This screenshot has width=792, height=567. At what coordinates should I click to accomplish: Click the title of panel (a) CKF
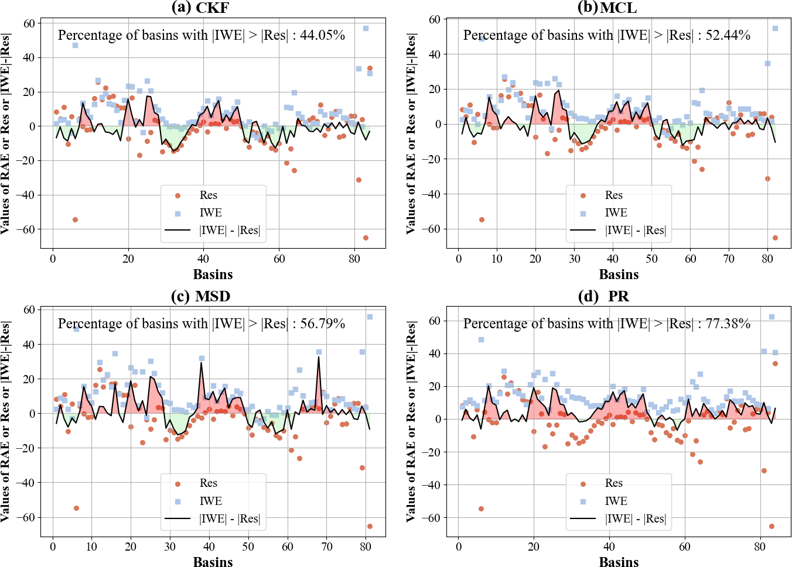click(200, 8)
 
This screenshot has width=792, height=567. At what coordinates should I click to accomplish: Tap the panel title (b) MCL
click(607, 8)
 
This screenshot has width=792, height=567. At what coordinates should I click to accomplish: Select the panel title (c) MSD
click(200, 296)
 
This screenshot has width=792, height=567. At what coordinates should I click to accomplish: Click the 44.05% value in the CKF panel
click(323, 35)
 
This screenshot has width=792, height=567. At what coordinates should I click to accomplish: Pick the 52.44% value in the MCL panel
click(728, 35)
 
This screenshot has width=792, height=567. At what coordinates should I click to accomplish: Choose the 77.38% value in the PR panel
click(728, 324)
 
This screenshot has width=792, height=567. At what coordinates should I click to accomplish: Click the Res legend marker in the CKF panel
click(178, 195)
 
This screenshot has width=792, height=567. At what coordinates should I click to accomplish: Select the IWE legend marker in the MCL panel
click(583, 213)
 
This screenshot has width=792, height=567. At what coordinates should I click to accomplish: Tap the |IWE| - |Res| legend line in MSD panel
click(178, 518)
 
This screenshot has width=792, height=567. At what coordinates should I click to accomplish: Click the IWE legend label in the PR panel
click(616, 501)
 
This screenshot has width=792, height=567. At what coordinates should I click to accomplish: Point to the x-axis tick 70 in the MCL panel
click(729, 259)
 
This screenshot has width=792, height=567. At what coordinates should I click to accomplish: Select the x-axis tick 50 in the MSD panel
click(248, 547)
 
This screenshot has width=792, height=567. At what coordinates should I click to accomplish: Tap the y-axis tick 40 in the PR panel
click(434, 353)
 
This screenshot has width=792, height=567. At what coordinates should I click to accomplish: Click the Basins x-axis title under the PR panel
click(619, 562)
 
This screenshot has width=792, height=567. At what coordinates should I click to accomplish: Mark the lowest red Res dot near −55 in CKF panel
click(75, 219)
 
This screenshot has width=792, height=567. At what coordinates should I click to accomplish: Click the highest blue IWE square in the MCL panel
click(775, 28)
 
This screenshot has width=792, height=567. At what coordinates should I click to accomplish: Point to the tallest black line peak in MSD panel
click(319, 357)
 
